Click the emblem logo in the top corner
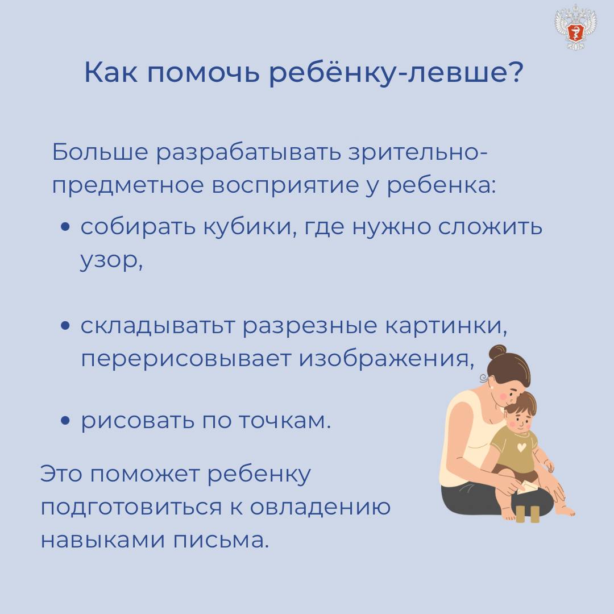pos(575,27)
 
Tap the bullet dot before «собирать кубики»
pos(65,227)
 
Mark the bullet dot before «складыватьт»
pos(65,325)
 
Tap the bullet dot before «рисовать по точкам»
pos(65,421)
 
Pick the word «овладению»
pos(320,508)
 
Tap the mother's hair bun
pos(497,352)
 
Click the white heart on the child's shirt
pos(521,447)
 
